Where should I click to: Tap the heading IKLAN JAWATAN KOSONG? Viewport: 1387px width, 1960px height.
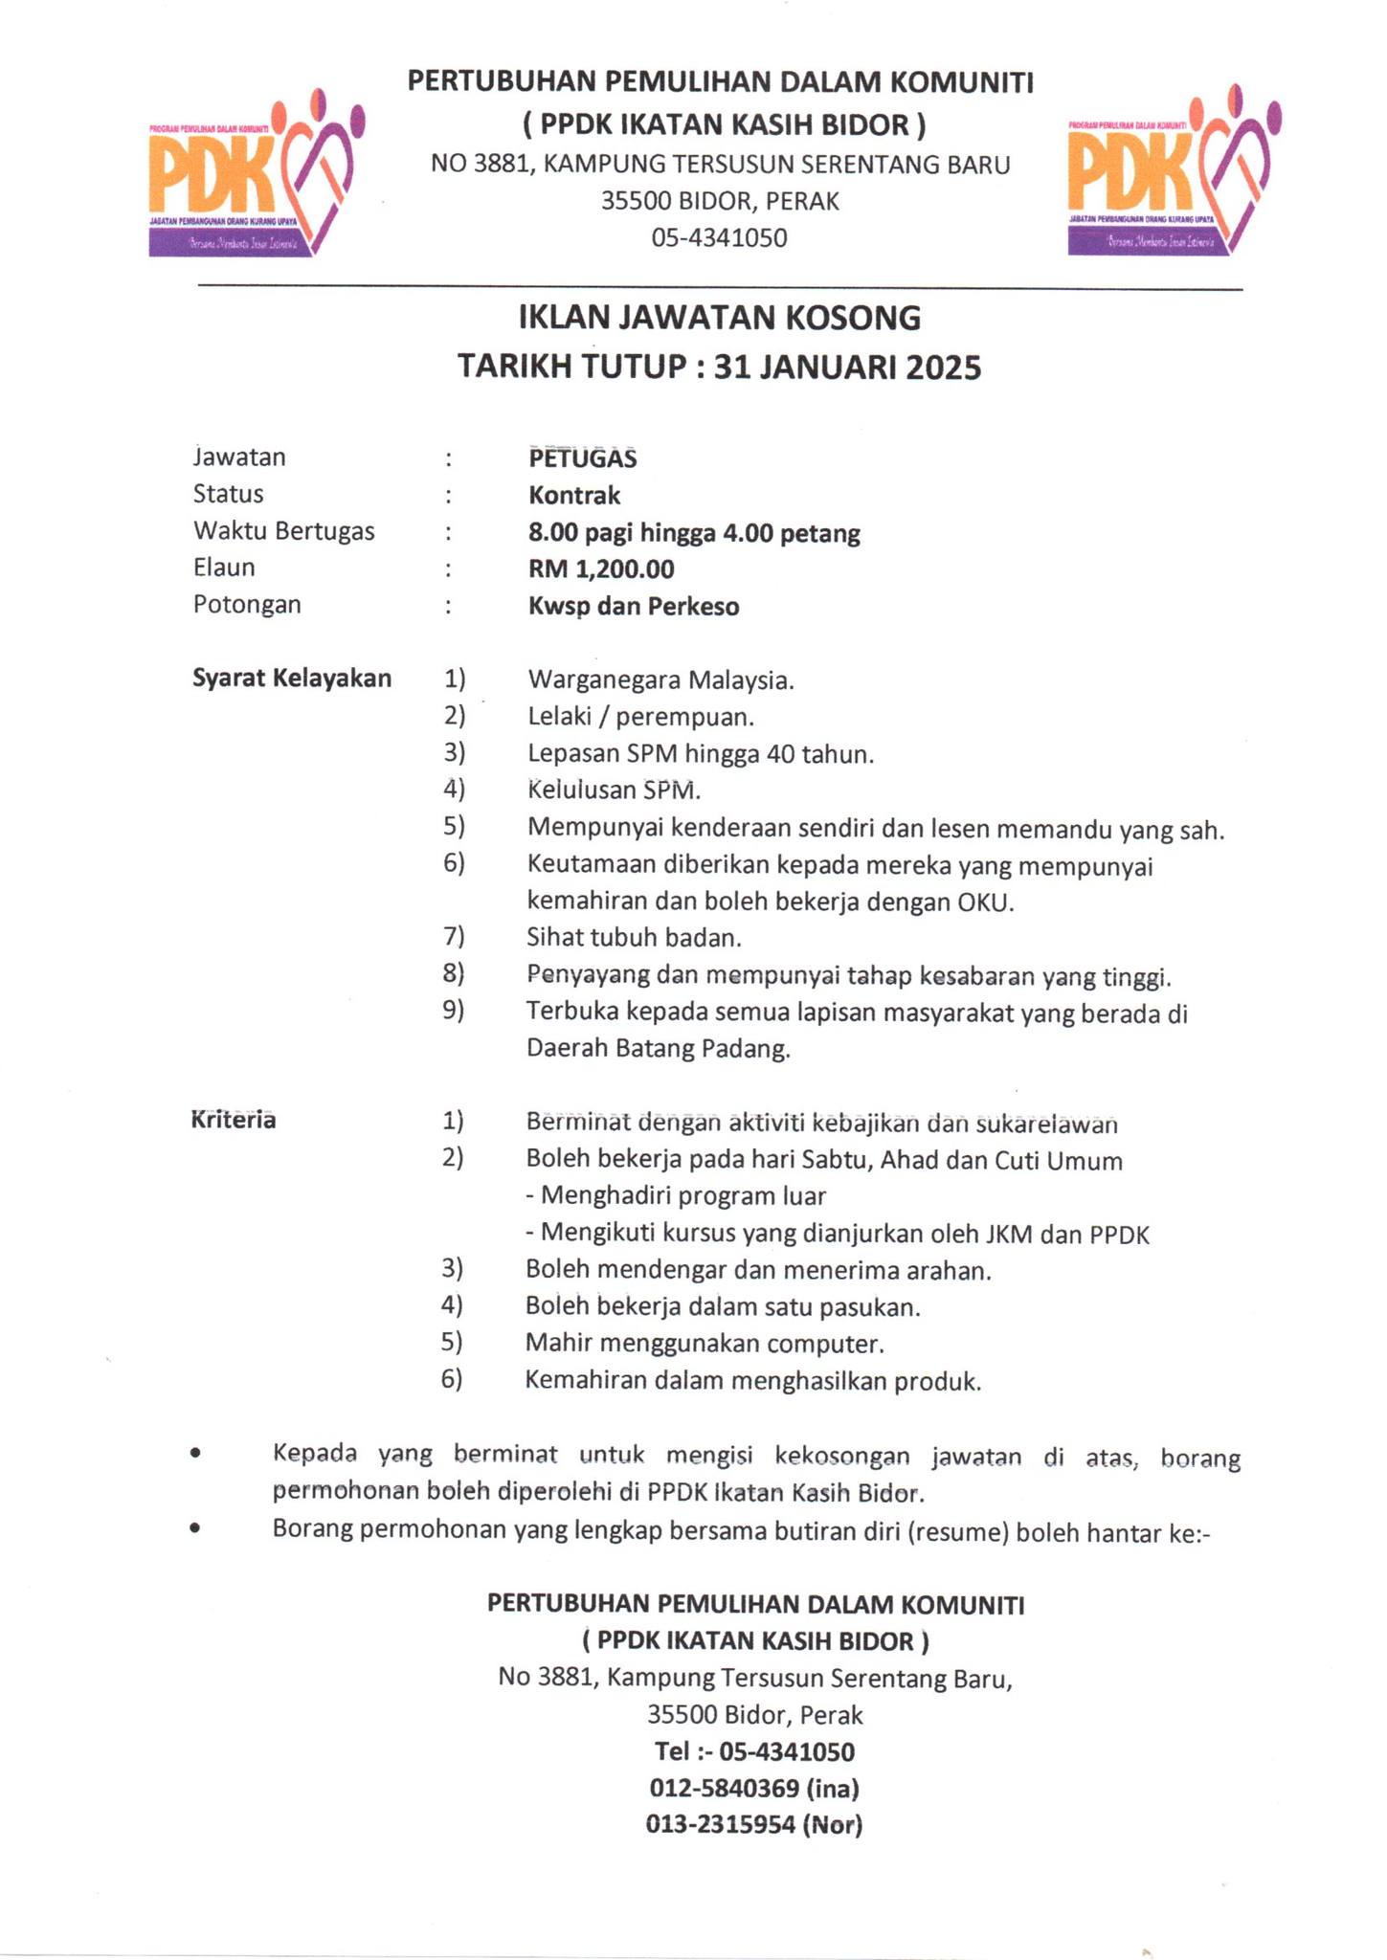click(719, 317)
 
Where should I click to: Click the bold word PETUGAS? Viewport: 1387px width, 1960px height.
click(582, 457)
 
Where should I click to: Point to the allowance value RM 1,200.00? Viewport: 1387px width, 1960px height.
click(601, 569)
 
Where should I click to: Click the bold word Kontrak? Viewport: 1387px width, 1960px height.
click(574, 495)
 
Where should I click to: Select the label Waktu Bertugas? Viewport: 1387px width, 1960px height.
click(283, 531)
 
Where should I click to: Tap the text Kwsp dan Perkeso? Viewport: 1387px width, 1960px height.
click(634, 607)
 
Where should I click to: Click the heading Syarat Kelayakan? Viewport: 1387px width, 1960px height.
click(292, 679)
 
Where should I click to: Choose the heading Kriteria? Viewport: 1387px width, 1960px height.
click(234, 1120)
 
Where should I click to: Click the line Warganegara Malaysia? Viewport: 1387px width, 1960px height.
click(660, 680)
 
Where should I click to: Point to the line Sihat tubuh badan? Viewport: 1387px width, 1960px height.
click(634, 938)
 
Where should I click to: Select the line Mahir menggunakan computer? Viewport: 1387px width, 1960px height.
click(705, 1344)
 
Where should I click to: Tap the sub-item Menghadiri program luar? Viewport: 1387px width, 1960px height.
click(676, 1196)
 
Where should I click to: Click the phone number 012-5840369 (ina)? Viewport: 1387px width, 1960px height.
click(753, 1788)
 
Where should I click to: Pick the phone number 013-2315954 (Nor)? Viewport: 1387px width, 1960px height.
click(753, 1824)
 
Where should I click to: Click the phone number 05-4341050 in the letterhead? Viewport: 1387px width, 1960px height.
click(719, 238)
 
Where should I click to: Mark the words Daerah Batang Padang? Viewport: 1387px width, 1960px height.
click(659, 1049)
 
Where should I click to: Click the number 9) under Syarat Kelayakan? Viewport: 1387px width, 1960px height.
click(453, 1011)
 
